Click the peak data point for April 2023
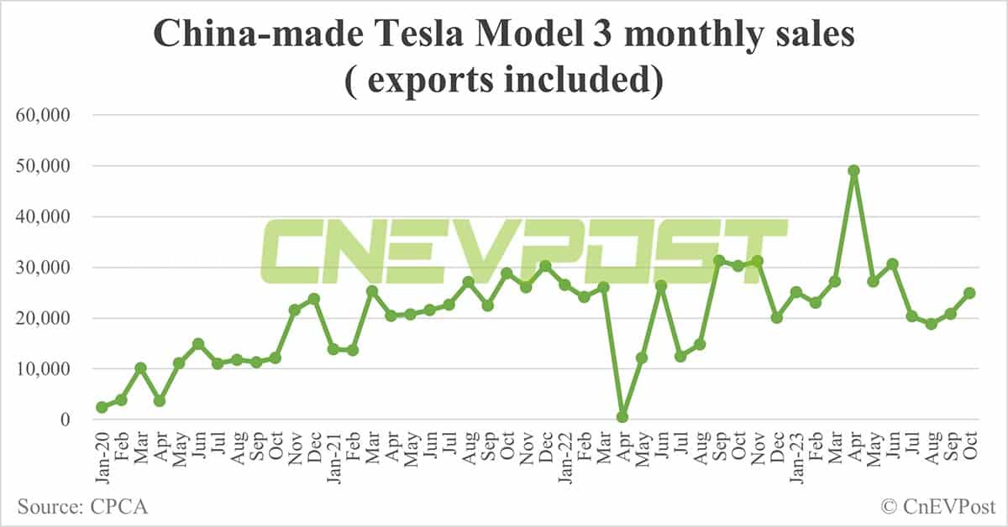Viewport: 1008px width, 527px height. click(x=853, y=170)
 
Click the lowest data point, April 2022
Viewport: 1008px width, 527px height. click(x=622, y=416)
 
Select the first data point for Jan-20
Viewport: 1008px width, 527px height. click(x=102, y=407)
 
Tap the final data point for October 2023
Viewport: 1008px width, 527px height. click(x=969, y=293)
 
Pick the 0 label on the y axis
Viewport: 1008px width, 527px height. click(x=72, y=420)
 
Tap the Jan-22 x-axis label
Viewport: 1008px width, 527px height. click(x=564, y=453)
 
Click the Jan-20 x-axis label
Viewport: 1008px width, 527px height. click(x=102, y=453)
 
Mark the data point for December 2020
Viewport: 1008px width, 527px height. click(x=313, y=299)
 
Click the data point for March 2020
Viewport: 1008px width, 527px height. click(x=140, y=368)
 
